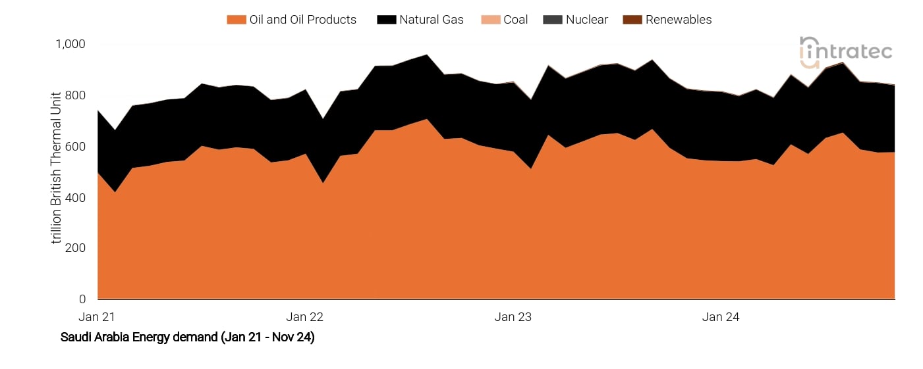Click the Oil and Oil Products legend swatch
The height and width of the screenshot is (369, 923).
click(236, 20)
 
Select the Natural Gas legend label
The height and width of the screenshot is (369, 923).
click(431, 20)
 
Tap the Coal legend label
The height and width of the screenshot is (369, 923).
click(515, 20)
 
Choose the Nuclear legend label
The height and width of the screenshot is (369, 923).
click(586, 20)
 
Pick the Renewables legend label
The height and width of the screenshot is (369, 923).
click(678, 20)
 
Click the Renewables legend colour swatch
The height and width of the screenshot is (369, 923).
click(632, 20)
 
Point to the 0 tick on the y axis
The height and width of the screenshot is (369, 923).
click(82, 299)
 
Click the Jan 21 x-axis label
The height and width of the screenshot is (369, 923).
click(97, 317)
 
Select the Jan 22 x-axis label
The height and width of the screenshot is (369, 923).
click(305, 317)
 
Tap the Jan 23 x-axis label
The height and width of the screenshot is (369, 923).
click(513, 317)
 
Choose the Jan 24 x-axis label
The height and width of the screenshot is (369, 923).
click(721, 317)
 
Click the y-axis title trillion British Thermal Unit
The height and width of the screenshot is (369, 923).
click(56, 167)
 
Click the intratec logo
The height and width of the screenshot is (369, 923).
click(846, 52)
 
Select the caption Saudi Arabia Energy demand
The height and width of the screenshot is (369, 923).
click(187, 337)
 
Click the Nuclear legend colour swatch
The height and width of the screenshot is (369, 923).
click(552, 20)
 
